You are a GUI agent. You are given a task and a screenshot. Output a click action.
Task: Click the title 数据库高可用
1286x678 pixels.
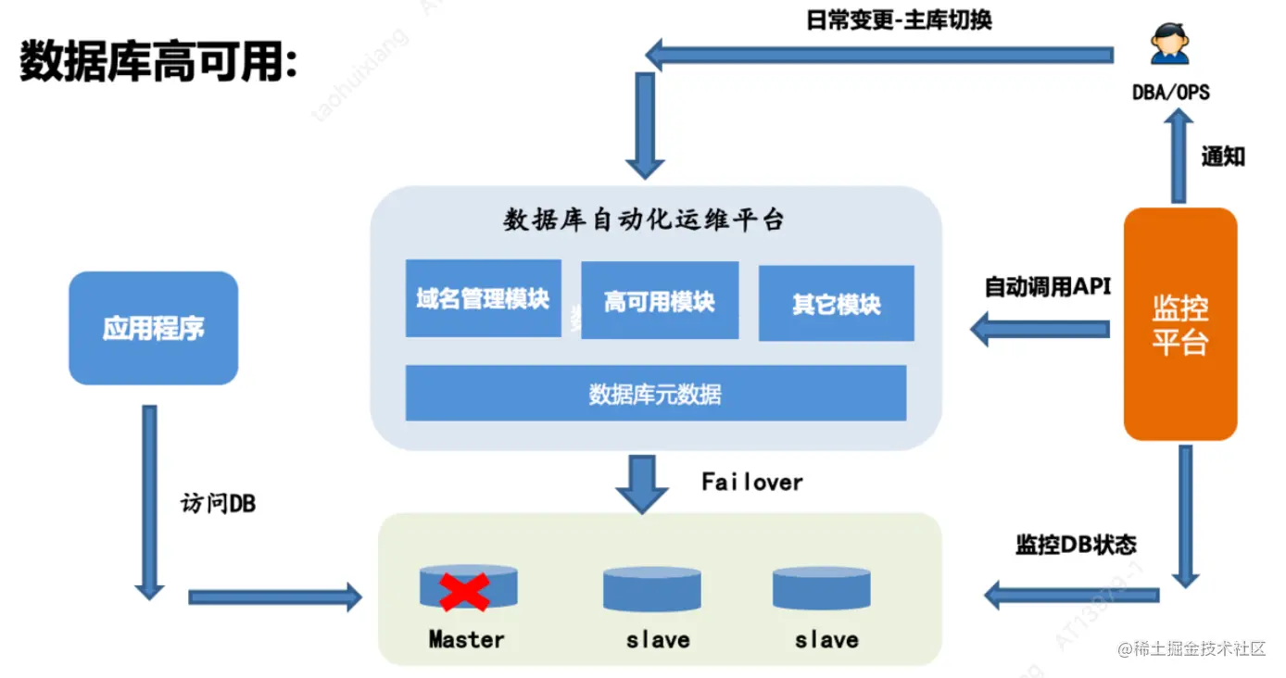(158, 62)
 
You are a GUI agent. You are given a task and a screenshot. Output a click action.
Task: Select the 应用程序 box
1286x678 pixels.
(153, 328)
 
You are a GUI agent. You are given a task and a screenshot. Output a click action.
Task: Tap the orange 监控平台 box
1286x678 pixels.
(1179, 324)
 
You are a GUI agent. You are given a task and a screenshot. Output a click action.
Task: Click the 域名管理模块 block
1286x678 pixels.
(483, 298)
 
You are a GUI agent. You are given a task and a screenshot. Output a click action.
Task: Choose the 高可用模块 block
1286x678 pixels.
(659, 301)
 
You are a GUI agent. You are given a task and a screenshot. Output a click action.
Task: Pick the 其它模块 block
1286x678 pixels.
(836, 304)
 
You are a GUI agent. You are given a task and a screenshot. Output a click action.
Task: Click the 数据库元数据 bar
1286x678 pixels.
(655, 394)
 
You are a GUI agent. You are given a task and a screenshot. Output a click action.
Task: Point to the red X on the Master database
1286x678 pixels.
(464, 592)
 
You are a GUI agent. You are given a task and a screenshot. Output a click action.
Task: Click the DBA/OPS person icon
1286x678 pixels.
(1169, 44)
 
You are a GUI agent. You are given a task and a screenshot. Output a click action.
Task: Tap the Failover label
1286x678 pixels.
(751, 482)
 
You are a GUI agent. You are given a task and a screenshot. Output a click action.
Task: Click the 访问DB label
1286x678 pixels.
(218, 504)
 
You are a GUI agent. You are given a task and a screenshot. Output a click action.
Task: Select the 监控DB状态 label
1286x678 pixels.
(1075, 545)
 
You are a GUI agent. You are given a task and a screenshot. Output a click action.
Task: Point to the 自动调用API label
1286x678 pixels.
(1047, 287)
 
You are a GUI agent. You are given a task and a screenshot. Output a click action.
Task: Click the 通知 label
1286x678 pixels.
(1222, 157)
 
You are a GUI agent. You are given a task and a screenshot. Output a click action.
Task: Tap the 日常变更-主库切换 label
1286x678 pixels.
(899, 19)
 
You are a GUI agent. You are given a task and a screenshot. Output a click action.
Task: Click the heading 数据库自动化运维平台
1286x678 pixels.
(644, 220)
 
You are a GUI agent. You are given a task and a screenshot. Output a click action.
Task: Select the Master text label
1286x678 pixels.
(466, 639)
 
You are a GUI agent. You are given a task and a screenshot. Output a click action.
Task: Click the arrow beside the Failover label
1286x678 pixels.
(642, 483)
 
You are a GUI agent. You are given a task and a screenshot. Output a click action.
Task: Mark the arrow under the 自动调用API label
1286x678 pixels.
(1040, 329)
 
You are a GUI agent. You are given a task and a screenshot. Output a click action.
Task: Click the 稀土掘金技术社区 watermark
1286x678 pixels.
(1191, 649)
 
